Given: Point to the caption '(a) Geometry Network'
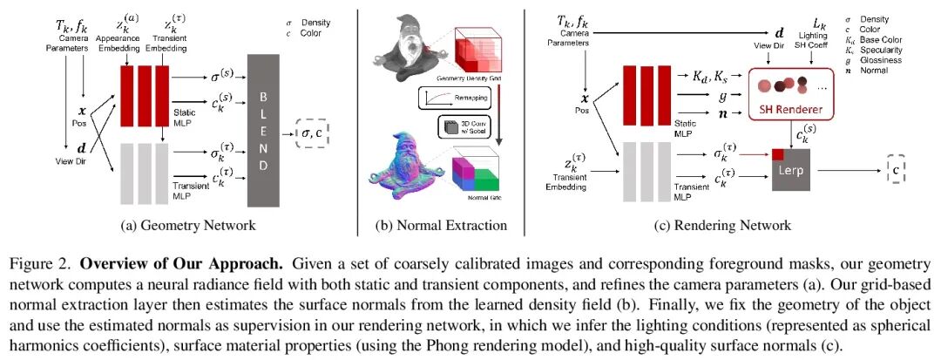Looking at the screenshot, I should point(187,226).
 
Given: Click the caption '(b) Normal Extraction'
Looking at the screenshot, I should point(442,226).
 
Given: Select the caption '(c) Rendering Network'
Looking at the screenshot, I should point(726,226).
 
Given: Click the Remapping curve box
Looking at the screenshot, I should point(443,98).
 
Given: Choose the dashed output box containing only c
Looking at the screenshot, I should point(897,169).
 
